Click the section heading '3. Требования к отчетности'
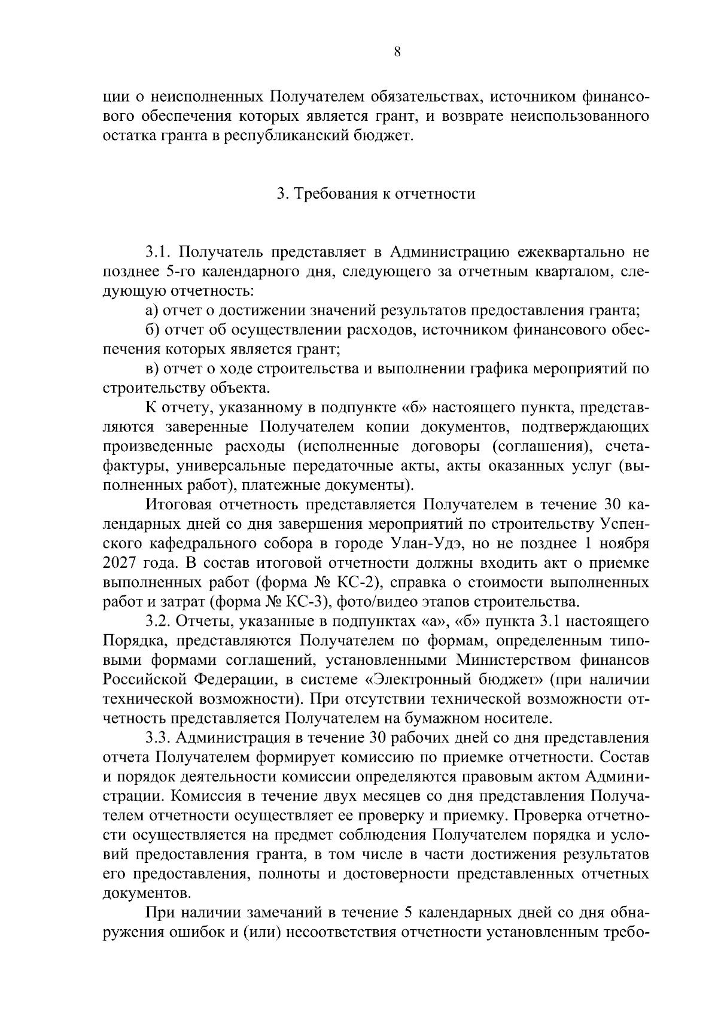[376, 194]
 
